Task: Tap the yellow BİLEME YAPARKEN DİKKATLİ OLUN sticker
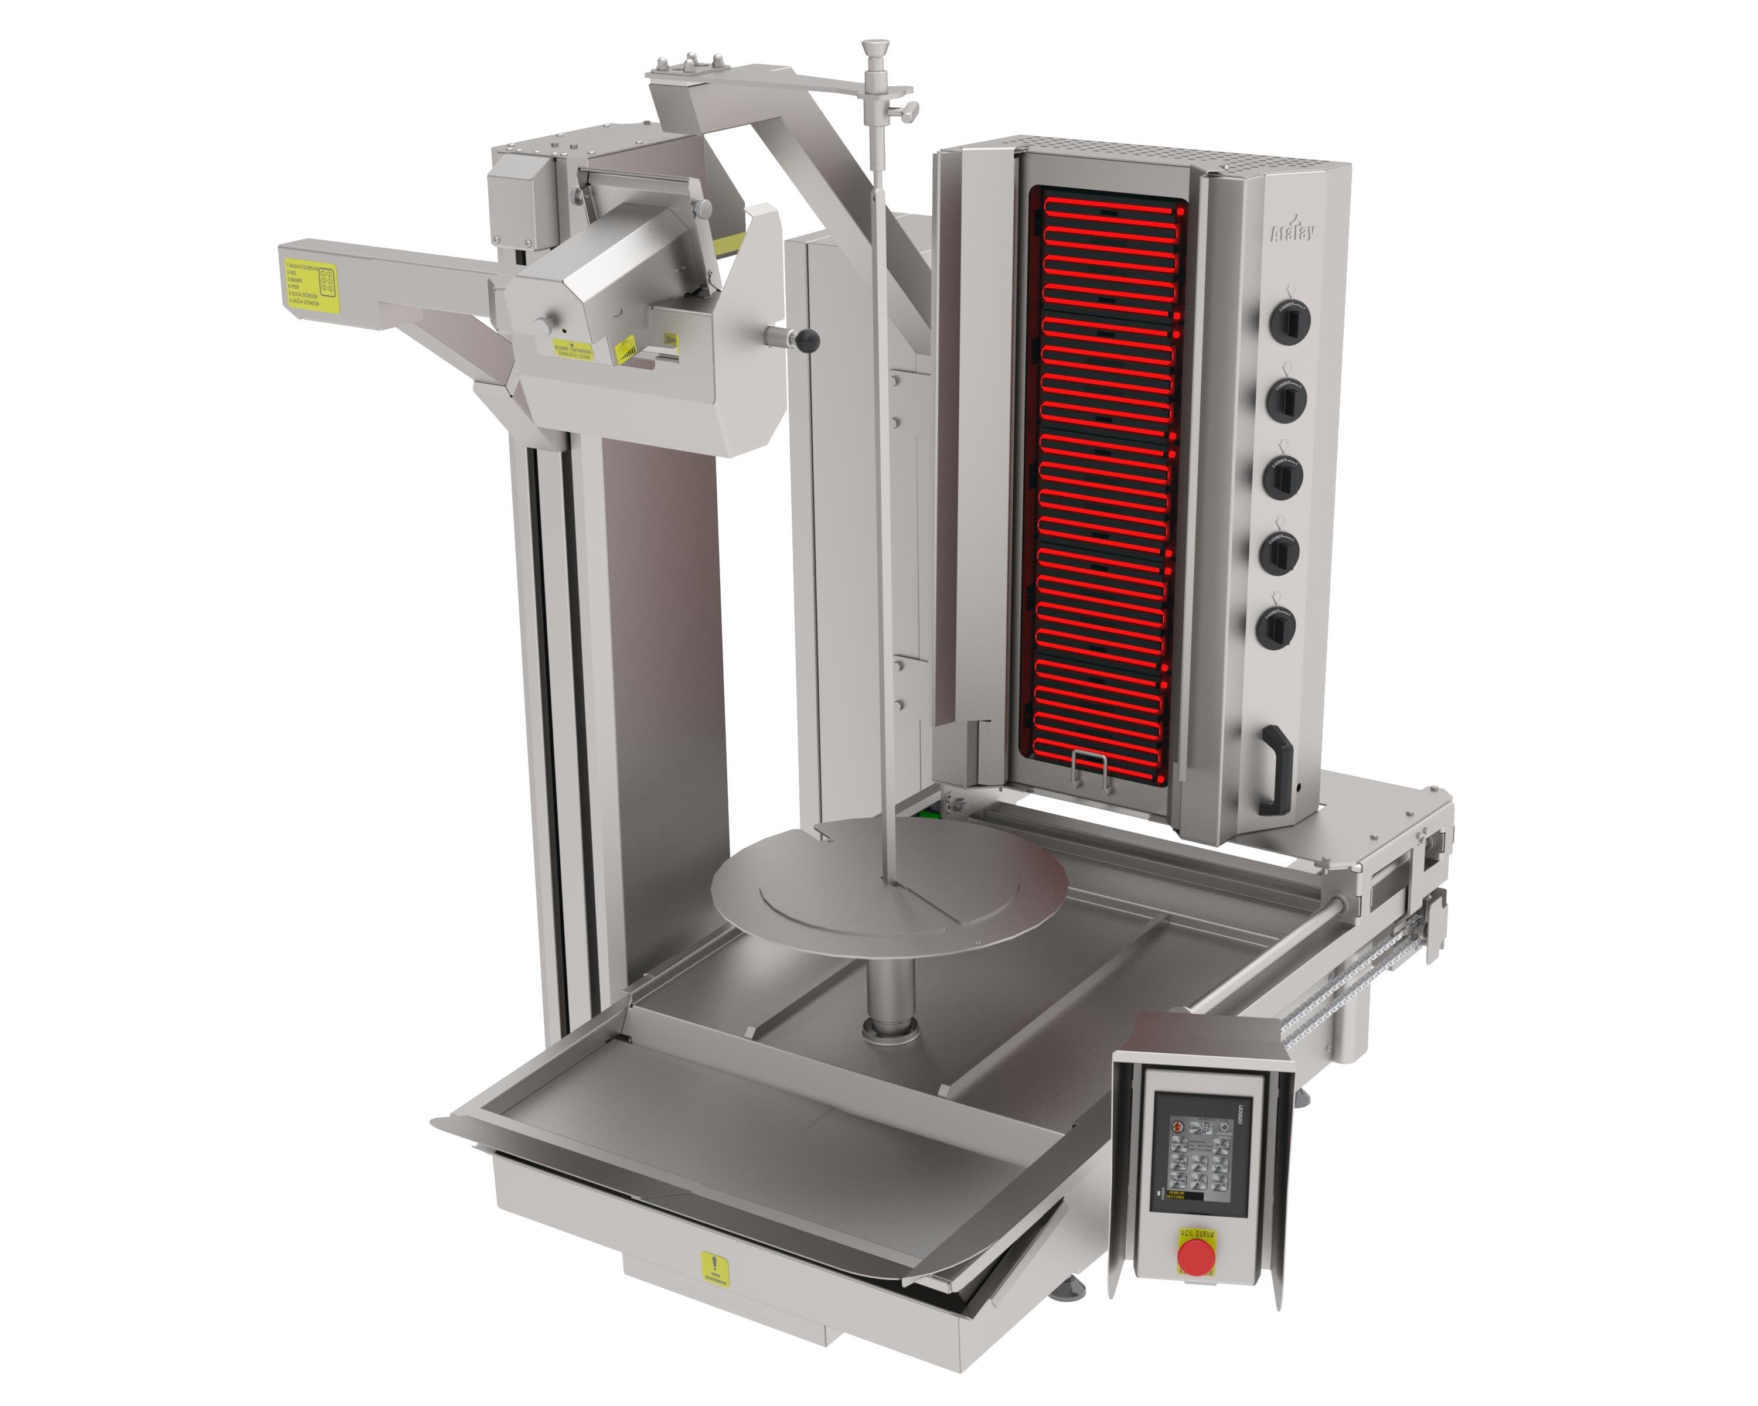[573, 351]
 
